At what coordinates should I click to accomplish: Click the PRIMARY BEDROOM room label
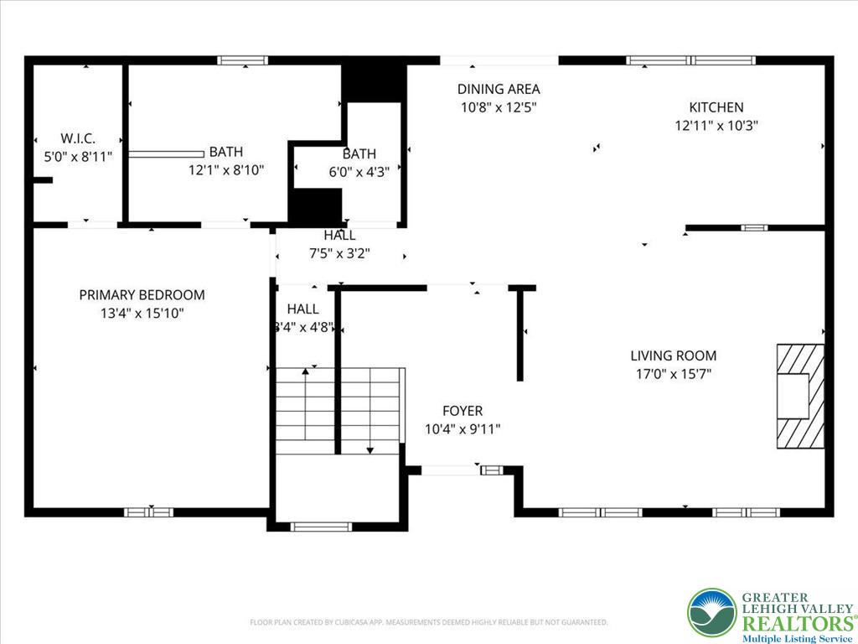[x=142, y=295]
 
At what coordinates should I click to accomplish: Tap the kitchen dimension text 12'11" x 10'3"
[x=716, y=126]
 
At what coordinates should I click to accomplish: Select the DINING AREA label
[x=498, y=89]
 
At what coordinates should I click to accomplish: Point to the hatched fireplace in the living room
[x=799, y=396]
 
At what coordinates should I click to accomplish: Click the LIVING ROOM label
[x=673, y=356]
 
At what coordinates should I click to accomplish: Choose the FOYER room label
[x=463, y=411]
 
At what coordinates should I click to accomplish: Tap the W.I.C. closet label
[x=78, y=138]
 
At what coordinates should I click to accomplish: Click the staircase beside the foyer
[x=339, y=411]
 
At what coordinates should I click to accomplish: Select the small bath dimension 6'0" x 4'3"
[x=359, y=173]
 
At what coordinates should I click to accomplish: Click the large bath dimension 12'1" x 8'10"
[x=225, y=170]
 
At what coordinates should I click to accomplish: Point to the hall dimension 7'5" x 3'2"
[x=339, y=253]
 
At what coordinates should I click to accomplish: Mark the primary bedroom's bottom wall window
[x=149, y=512]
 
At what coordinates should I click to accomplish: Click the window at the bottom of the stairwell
[x=321, y=527]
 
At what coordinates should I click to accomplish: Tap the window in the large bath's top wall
[x=242, y=60]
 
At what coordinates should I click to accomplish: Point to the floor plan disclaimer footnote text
[x=428, y=622]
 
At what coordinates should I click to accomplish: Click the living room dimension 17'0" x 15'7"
[x=673, y=374]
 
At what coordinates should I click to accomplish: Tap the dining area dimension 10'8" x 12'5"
[x=498, y=107]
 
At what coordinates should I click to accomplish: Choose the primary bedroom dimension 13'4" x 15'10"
[x=142, y=314]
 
